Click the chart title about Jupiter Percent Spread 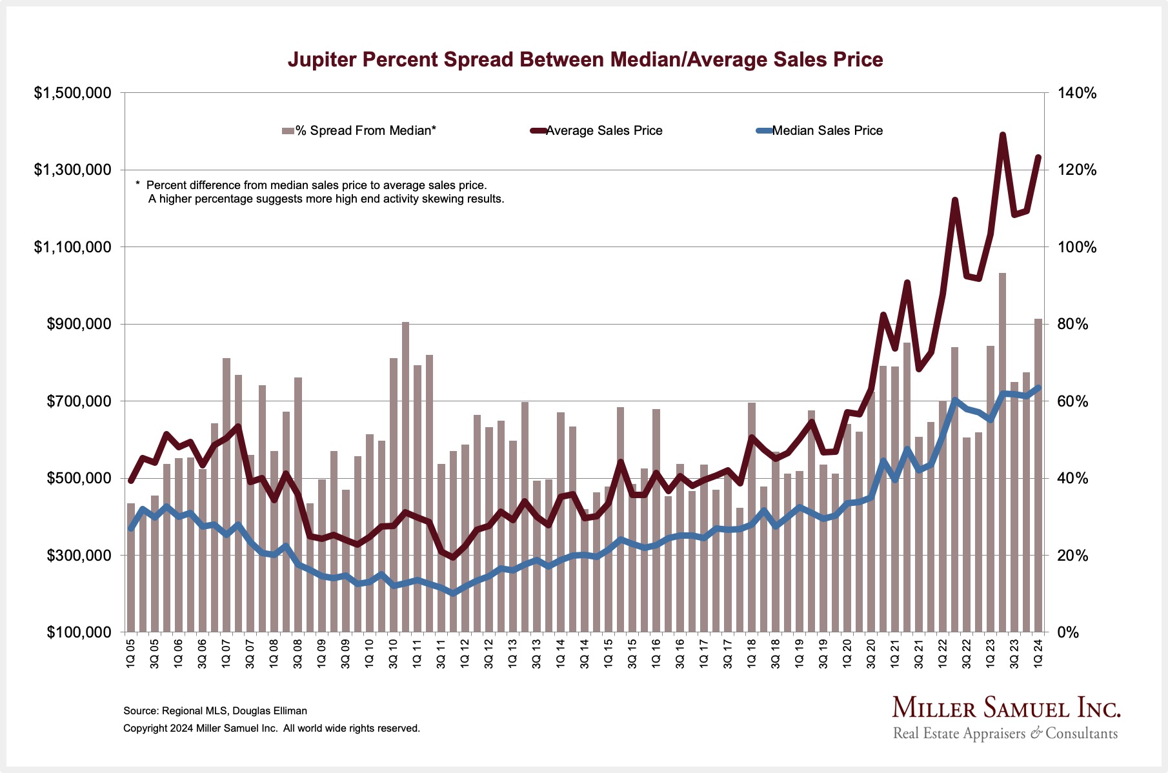(x=585, y=59)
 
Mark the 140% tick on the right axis (x=1077, y=94)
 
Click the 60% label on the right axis (x=1073, y=401)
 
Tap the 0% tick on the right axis (x=1069, y=632)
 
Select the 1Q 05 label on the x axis (x=131, y=653)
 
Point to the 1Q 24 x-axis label (x=1038, y=653)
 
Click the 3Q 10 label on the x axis (x=394, y=653)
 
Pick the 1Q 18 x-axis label (x=752, y=653)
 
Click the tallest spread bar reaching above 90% (x=1003, y=452)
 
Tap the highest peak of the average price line (x=1003, y=135)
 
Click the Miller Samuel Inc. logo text (x=1006, y=708)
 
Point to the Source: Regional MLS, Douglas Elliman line (x=215, y=711)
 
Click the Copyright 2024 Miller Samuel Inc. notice (x=271, y=728)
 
